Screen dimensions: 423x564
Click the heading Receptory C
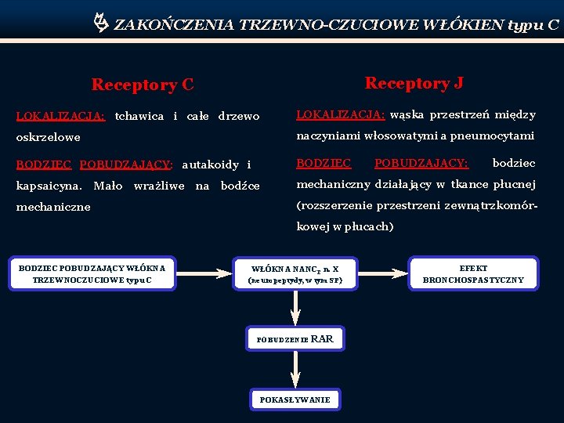point(142,85)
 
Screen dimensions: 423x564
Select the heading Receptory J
point(414,83)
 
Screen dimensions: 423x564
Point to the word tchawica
point(139,117)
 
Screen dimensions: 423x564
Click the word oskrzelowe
point(49,137)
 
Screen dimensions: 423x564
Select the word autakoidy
point(210,164)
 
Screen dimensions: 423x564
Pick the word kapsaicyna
point(49,186)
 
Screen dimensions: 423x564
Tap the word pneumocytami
point(497,136)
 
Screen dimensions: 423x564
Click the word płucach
point(372,227)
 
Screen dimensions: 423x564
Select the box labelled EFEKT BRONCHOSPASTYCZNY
point(473,274)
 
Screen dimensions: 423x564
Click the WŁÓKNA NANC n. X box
point(295,274)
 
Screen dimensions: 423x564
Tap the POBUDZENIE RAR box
point(295,339)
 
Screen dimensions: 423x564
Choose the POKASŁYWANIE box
point(295,399)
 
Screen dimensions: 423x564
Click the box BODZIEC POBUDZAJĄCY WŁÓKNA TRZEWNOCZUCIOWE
point(92,274)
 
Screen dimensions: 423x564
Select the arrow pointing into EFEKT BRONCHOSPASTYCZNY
point(384,273)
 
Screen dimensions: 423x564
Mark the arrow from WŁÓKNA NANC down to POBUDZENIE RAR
point(295,307)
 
